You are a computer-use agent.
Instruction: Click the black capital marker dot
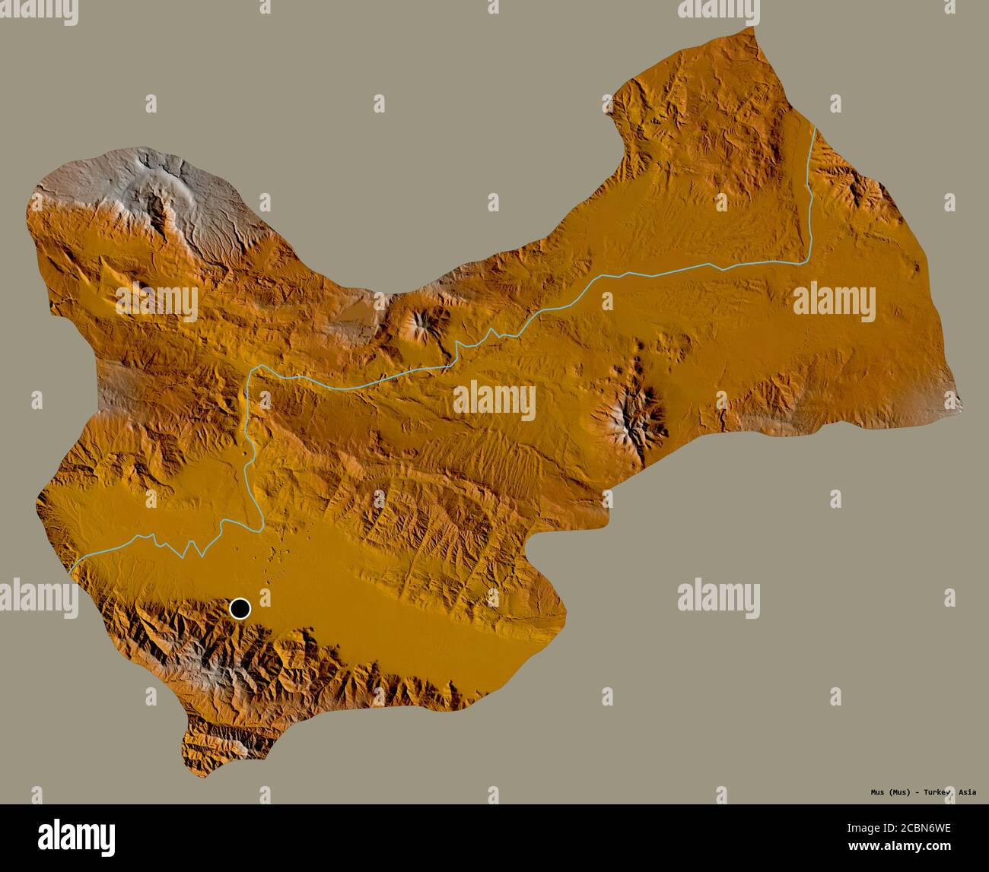tap(240, 608)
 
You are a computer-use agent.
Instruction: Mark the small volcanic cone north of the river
tap(418, 323)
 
